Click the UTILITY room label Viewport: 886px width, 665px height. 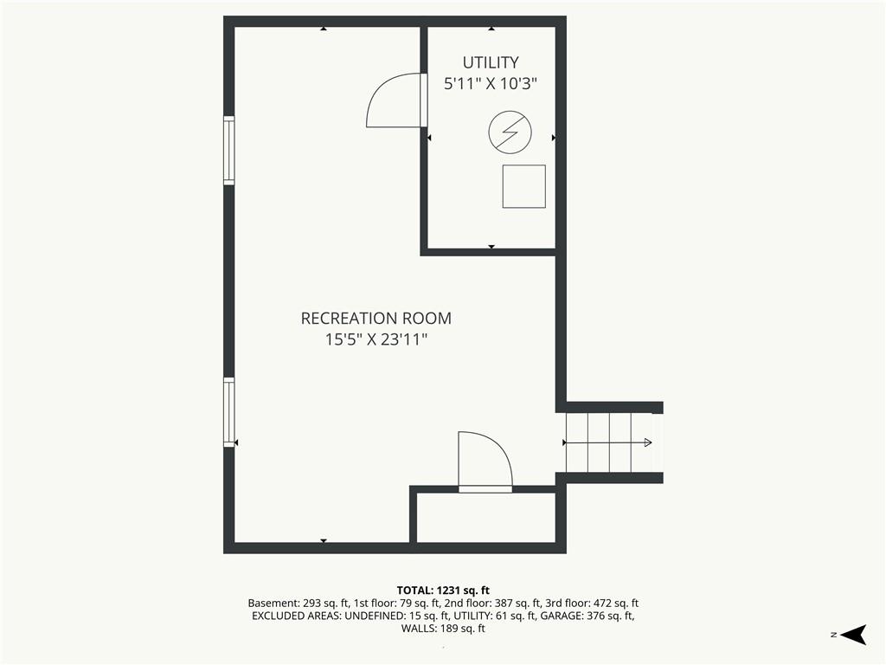pyautogui.click(x=491, y=62)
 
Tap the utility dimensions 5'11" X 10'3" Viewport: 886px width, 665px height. pyautogui.click(x=491, y=84)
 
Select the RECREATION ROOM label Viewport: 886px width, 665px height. pyautogui.click(x=376, y=319)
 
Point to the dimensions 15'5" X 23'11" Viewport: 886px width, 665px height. pyautogui.click(x=376, y=339)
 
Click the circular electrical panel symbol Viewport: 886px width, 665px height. pyautogui.click(x=510, y=132)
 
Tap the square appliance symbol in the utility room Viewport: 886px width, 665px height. pyautogui.click(x=524, y=187)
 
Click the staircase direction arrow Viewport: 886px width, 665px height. pyautogui.click(x=608, y=442)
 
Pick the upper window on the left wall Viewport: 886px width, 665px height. pyautogui.click(x=228, y=151)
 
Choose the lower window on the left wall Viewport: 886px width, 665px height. pyautogui.click(x=228, y=412)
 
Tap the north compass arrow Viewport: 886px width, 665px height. pyautogui.click(x=854, y=635)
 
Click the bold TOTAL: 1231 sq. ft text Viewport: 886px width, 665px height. pyautogui.click(x=443, y=591)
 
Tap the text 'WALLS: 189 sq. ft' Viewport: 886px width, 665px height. pyautogui.click(x=443, y=629)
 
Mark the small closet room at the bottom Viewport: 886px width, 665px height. pyautogui.click(x=486, y=518)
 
